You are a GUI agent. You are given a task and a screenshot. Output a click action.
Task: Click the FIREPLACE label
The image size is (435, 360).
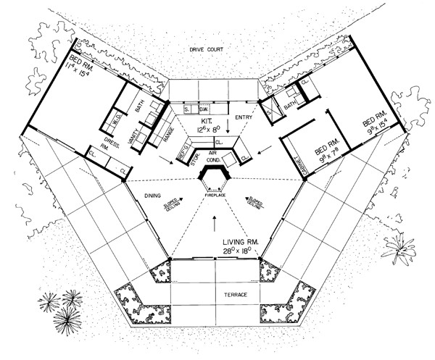click(x=215, y=195)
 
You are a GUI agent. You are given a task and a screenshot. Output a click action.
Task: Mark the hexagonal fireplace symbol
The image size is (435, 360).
click(x=215, y=178)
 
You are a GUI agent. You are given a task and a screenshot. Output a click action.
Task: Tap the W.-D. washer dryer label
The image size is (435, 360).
click(x=116, y=119)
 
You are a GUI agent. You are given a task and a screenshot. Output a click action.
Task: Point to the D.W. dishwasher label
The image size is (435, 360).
click(x=204, y=109)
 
